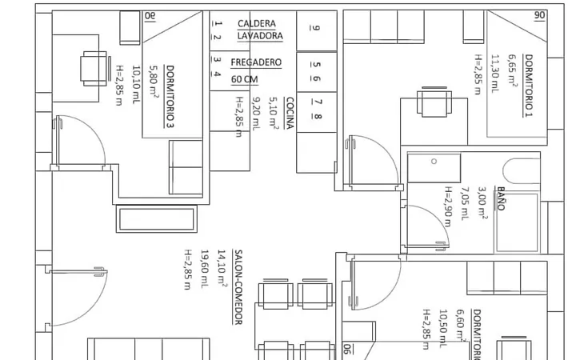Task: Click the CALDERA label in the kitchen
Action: click(257, 23)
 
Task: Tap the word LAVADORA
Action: click(260, 36)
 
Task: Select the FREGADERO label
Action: click(256, 62)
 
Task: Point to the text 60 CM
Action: click(244, 79)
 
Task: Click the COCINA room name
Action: click(290, 113)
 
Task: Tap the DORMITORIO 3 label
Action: click(170, 97)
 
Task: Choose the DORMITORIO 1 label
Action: click(529, 86)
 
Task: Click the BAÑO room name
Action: click(500, 198)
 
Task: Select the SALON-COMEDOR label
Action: click(238, 287)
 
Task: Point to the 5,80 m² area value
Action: click(154, 82)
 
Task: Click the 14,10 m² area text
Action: click(222, 267)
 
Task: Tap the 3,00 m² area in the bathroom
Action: click(482, 202)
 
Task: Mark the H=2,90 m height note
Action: click(448, 206)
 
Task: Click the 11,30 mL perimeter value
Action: click(495, 73)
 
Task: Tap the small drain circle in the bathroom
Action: click(434, 162)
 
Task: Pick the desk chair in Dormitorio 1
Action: click(434, 102)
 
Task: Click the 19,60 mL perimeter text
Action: click(205, 269)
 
